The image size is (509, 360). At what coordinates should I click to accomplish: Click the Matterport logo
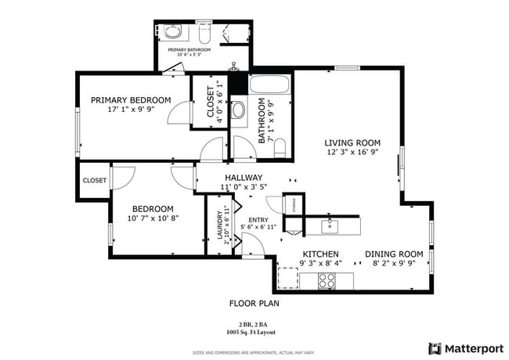[465, 347]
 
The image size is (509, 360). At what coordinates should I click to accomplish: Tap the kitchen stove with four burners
[327, 279]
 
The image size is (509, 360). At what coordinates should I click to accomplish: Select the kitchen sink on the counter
[330, 225]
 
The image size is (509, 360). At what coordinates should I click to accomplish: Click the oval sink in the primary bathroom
[173, 32]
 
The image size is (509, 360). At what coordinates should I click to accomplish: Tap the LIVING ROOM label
[353, 143]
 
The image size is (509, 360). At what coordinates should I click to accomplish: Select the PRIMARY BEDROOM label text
[131, 100]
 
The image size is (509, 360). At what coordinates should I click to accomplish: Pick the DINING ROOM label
[397, 254]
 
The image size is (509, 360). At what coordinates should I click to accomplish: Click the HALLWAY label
[243, 178]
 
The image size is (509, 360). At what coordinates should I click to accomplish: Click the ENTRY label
[258, 220]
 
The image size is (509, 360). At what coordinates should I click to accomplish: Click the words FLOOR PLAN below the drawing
[254, 303]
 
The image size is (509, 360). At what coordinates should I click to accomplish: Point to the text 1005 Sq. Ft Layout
[254, 333]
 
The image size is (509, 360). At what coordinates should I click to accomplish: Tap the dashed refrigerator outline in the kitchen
[288, 278]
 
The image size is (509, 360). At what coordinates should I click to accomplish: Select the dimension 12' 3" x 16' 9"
[353, 153]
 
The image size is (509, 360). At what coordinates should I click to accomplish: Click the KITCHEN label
[320, 254]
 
